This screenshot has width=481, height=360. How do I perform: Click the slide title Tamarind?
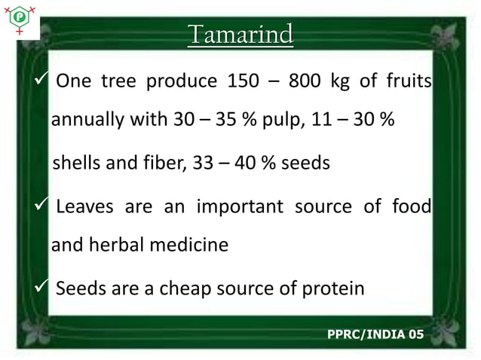240,35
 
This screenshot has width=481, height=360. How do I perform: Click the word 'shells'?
77,163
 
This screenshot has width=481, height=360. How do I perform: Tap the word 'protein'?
329,288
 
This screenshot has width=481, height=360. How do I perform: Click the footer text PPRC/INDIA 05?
375,333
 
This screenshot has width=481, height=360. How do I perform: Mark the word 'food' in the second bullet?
411,206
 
